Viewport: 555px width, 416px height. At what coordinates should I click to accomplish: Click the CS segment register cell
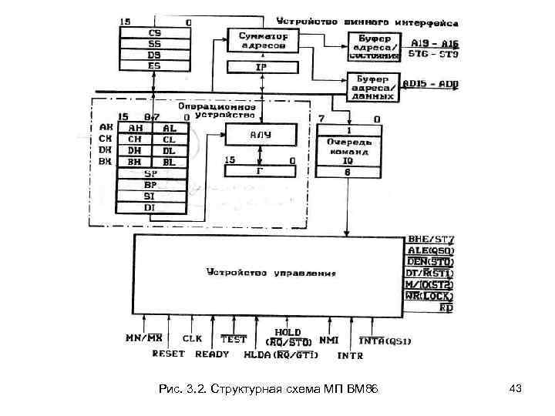click(x=154, y=34)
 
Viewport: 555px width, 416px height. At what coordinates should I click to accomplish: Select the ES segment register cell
click(x=154, y=66)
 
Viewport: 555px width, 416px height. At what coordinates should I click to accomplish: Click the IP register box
click(x=261, y=67)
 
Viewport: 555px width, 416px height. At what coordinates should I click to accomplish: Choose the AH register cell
click(x=135, y=129)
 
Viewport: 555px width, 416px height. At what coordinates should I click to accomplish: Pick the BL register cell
click(x=170, y=163)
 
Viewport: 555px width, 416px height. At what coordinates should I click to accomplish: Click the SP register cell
click(x=152, y=174)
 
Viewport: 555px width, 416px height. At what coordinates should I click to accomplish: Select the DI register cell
click(x=152, y=207)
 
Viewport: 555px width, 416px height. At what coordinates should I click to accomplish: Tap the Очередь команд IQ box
click(x=350, y=147)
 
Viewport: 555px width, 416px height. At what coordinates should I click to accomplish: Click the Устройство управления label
click(x=271, y=272)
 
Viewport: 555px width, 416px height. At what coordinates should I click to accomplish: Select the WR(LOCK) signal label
click(x=429, y=296)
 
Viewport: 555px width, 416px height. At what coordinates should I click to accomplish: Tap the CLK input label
click(x=192, y=338)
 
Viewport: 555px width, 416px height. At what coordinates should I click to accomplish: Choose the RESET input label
click(x=168, y=354)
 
